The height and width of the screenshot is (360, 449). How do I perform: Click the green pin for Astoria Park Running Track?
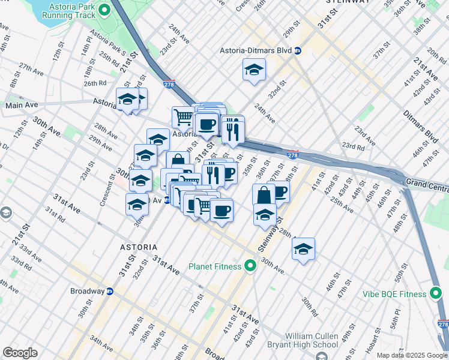click(x=104, y=9)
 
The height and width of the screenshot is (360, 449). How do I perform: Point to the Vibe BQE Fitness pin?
click(x=437, y=293)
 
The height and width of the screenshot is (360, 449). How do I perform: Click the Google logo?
click(x=20, y=353)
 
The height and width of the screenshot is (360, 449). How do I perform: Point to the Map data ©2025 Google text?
click(x=412, y=355)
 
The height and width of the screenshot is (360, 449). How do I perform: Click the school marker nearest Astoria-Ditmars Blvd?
click(x=254, y=70)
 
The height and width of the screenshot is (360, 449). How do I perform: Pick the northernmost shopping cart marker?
click(x=183, y=117)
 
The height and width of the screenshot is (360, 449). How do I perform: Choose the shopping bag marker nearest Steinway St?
click(x=264, y=194)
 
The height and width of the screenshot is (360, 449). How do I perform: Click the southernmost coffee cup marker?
click(x=221, y=211)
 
